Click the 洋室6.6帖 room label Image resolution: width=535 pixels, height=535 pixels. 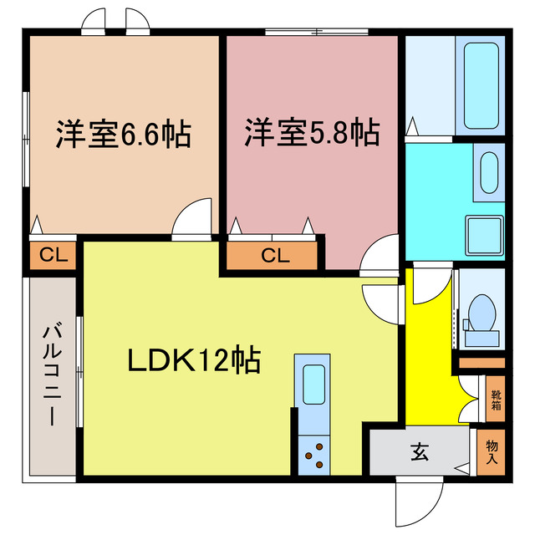[123, 134]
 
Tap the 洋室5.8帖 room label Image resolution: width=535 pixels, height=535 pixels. [312, 132]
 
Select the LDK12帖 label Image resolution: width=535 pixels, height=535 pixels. [194, 360]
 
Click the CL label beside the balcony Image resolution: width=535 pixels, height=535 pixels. [53, 254]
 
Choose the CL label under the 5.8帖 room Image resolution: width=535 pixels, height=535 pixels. [275, 255]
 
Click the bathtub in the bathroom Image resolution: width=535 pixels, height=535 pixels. [481, 85]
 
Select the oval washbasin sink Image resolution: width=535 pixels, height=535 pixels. [489, 173]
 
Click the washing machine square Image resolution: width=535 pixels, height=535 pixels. [485, 235]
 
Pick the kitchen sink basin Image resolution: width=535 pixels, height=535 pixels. [313, 385]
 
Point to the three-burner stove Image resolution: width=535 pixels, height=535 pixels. [314, 455]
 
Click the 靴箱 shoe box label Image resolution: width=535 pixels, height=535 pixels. [496, 400]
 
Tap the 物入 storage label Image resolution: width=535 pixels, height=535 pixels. [492, 451]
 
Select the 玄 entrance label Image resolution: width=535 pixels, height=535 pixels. [420, 451]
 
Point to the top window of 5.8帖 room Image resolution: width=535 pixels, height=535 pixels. [317, 32]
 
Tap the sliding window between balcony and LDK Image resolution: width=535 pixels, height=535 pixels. [79, 372]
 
